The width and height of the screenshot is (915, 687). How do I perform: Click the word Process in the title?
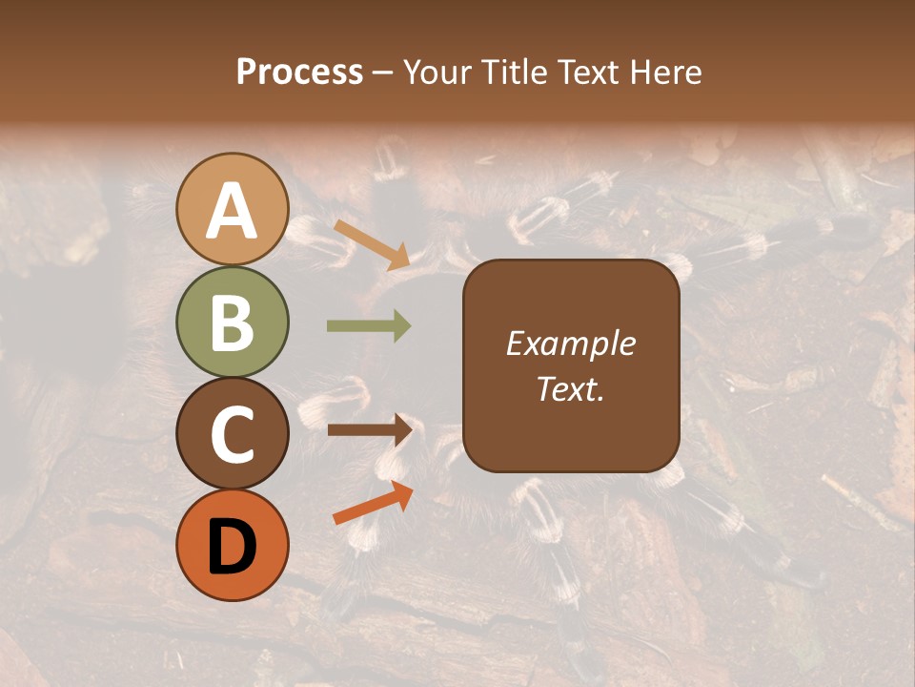[299, 73]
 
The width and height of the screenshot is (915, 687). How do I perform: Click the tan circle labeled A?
[233, 210]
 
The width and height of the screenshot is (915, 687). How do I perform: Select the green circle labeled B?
[233, 322]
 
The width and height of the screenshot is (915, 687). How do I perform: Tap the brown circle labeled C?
[233, 433]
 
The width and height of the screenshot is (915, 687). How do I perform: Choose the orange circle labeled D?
[233, 545]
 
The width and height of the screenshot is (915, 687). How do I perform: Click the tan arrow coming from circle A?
[372, 244]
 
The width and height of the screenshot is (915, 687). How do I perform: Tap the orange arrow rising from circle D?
[373, 503]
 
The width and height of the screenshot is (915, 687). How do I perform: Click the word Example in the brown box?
[570, 343]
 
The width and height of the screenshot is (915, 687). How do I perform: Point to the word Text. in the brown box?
[570, 388]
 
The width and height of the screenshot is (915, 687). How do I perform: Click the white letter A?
[233, 212]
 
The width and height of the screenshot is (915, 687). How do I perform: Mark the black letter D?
[233, 546]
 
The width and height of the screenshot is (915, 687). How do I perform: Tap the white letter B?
[233, 323]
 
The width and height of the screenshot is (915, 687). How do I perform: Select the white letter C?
[233, 434]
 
